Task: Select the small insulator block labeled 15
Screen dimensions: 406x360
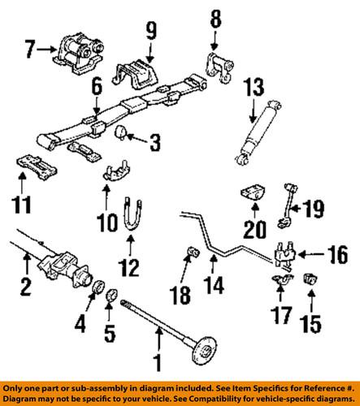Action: coord(310,281)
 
